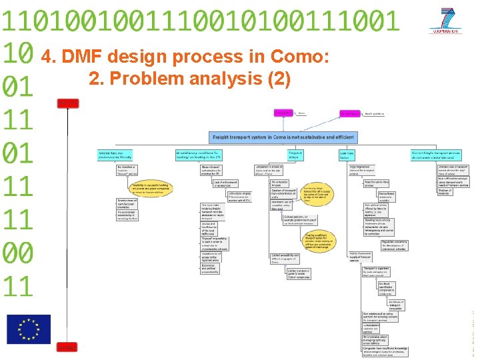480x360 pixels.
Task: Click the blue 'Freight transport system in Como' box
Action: click(283, 137)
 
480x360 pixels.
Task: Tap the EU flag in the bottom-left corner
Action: click(29, 329)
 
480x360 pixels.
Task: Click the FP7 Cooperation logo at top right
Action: click(446, 21)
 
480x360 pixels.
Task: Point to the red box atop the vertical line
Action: click(67, 103)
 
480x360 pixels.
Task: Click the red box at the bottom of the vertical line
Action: click(67, 347)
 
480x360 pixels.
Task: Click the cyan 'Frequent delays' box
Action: click(295, 155)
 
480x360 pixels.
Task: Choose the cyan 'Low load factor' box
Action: click(346, 155)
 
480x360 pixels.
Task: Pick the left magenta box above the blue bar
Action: click(284, 114)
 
